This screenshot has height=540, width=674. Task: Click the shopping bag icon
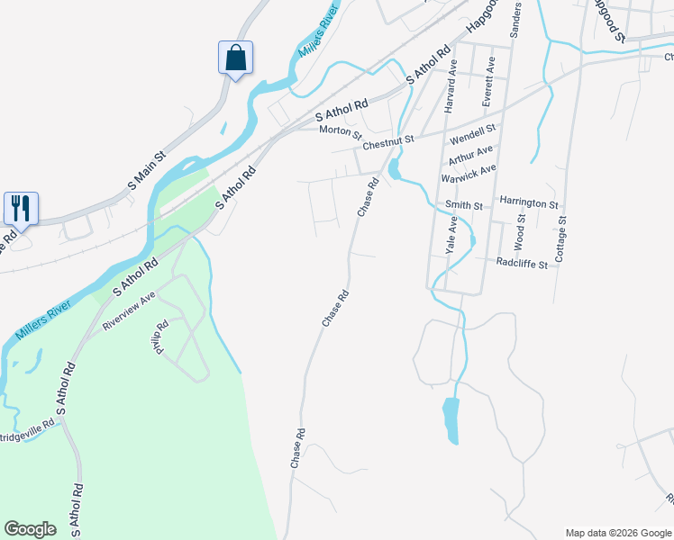point(235,58)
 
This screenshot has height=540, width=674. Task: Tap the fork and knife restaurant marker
point(21,208)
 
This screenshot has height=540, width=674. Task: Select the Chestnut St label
point(387,142)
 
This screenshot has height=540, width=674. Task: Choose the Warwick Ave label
point(469,173)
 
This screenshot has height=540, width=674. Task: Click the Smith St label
point(464,205)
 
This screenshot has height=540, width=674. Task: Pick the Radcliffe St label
point(523,263)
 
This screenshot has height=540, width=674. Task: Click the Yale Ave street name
point(451,235)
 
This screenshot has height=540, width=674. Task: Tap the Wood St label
point(519,232)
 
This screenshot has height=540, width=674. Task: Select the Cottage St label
point(561,238)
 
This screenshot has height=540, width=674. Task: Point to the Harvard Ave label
point(451,85)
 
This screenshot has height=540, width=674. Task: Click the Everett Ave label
point(489,83)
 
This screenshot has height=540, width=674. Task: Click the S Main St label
point(147,170)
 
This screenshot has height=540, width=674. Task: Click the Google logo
point(30,529)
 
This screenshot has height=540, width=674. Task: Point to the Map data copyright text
point(618,533)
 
